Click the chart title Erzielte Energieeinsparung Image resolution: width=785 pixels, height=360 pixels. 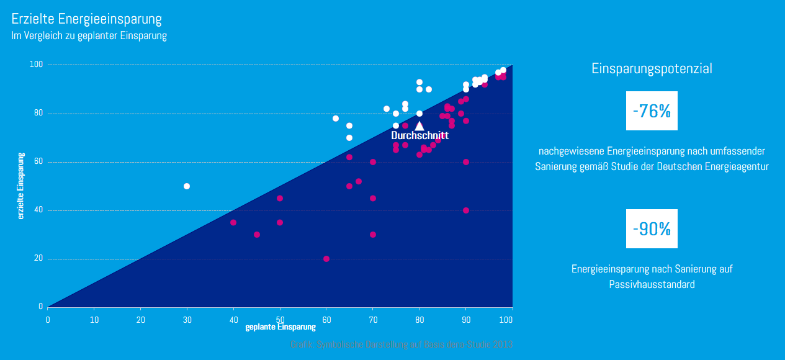[86, 19]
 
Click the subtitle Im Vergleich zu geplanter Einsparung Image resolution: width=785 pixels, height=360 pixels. [89, 36]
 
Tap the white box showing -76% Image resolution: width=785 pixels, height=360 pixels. [652, 111]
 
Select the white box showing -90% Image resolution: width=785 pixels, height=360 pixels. [652, 229]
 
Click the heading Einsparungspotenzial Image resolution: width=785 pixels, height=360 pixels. [652, 69]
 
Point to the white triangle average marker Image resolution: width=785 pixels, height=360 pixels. [419, 125]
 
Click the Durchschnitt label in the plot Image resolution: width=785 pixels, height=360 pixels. [419, 135]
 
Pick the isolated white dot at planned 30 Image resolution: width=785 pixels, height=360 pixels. [187, 186]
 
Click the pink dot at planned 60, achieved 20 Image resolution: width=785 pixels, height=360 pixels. [326, 259]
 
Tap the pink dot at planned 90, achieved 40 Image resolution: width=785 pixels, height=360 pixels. [466, 210]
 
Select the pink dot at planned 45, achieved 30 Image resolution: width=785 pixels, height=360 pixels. [257, 235]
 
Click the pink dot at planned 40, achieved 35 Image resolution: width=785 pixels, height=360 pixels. [233, 222]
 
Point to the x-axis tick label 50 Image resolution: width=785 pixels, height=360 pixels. [280, 320]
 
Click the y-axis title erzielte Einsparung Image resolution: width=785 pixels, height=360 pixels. [21, 186]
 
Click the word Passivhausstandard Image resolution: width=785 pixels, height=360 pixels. [652, 285]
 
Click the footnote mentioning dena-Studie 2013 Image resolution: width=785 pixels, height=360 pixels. [401, 344]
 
